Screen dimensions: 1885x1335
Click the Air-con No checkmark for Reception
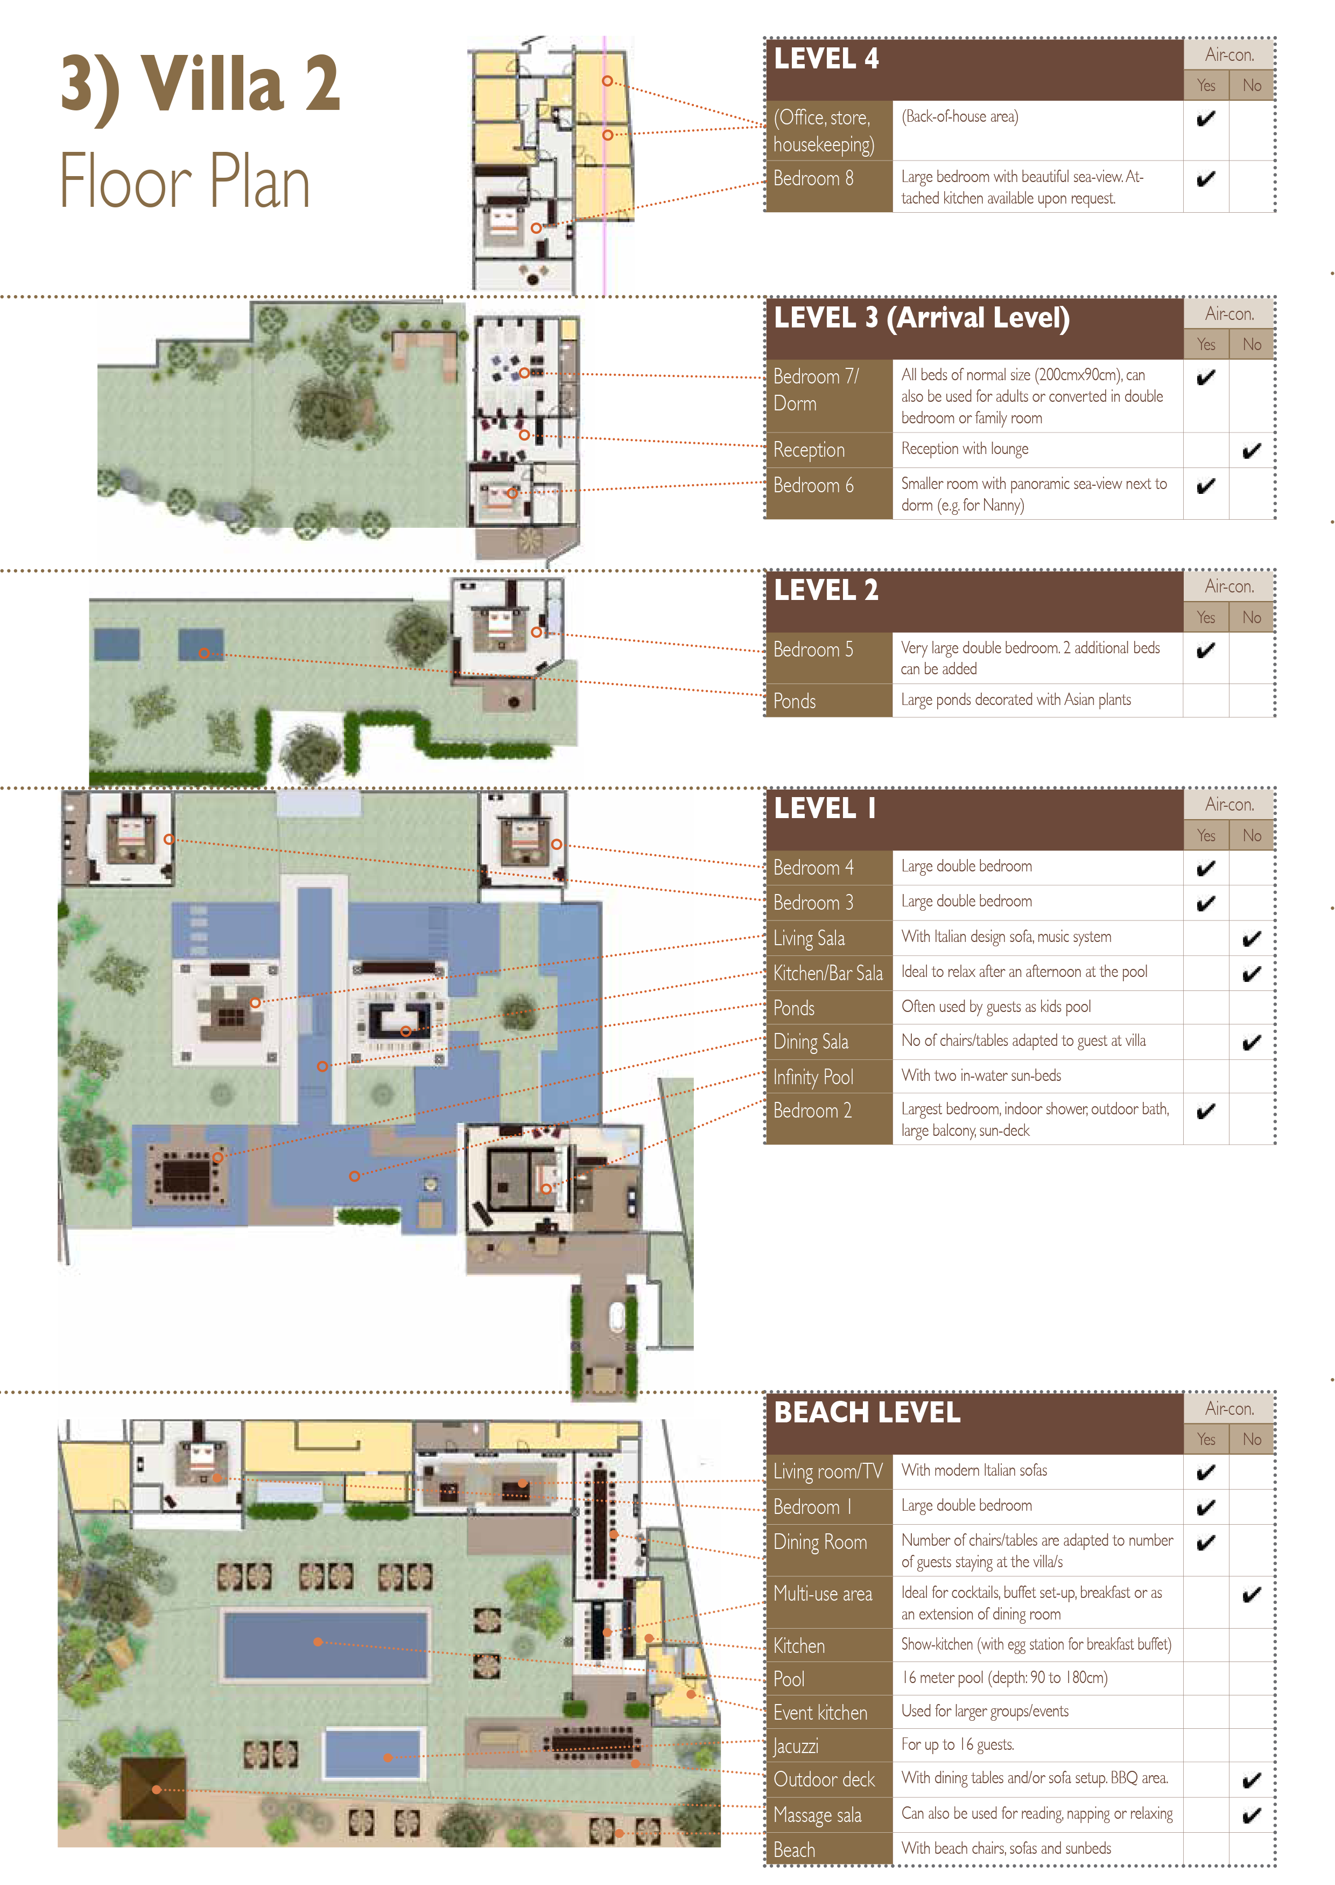(1251, 451)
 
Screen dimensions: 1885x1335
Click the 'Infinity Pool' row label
(813, 1077)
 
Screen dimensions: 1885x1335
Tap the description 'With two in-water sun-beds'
(981, 1076)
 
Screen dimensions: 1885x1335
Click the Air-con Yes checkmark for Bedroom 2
(1205, 1112)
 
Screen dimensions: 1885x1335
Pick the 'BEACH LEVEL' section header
(867, 1413)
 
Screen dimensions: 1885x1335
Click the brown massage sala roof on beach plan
(154, 1789)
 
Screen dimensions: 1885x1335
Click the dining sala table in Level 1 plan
(187, 1172)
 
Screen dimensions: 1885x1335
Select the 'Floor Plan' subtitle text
(185, 181)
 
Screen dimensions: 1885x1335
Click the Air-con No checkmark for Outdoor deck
(1251, 1781)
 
